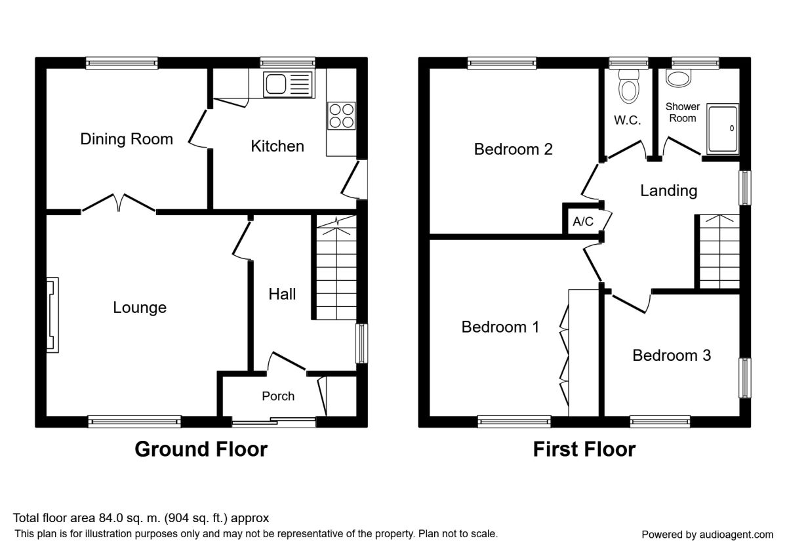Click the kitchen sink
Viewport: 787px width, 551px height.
tap(288, 85)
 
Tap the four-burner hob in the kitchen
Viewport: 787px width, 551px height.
tap(341, 116)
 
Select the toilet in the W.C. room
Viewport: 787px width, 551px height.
tap(628, 86)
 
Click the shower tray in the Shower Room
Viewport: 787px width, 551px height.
tap(723, 129)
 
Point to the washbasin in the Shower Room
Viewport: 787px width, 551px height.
tap(678, 78)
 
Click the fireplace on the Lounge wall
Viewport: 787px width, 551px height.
tap(52, 315)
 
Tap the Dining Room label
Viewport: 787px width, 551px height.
tap(127, 139)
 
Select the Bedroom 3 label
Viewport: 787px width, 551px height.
tap(672, 356)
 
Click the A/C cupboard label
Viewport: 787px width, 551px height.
tap(583, 222)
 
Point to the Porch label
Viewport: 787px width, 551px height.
tap(278, 396)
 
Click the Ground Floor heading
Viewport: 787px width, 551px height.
tap(201, 449)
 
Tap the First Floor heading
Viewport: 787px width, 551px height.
tap(584, 449)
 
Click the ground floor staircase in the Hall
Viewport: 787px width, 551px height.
tap(336, 268)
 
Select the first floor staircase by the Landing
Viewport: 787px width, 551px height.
tap(719, 252)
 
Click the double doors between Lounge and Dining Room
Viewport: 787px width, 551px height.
tap(119, 203)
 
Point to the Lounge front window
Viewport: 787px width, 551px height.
tap(134, 421)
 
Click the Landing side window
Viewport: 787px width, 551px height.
tap(745, 188)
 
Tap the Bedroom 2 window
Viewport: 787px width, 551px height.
tap(502, 63)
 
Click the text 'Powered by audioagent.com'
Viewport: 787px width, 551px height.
tap(707, 535)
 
